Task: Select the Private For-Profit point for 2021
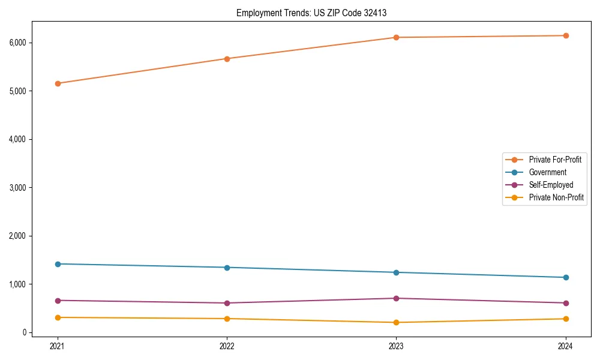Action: tap(58, 83)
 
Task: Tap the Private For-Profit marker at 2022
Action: tap(227, 59)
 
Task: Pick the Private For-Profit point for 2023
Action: tap(396, 37)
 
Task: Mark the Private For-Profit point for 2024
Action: tap(566, 35)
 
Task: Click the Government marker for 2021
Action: tap(58, 264)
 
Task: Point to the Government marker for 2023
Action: tap(396, 272)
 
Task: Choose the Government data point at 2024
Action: tap(566, 277)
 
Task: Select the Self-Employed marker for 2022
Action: tap(227, 303)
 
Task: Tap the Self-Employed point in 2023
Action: tap(396, 298)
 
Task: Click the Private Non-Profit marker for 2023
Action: tap(396, 322)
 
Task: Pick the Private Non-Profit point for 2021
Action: tap(58, 317)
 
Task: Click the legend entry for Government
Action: tap(547, 172)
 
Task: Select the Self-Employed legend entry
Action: tap(551, 185)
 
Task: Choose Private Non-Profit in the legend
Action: tap(556, 197)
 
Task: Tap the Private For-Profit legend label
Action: tap(555, 160)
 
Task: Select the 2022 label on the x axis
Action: tap(227, 346)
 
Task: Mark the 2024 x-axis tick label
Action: tap(566, 346)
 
